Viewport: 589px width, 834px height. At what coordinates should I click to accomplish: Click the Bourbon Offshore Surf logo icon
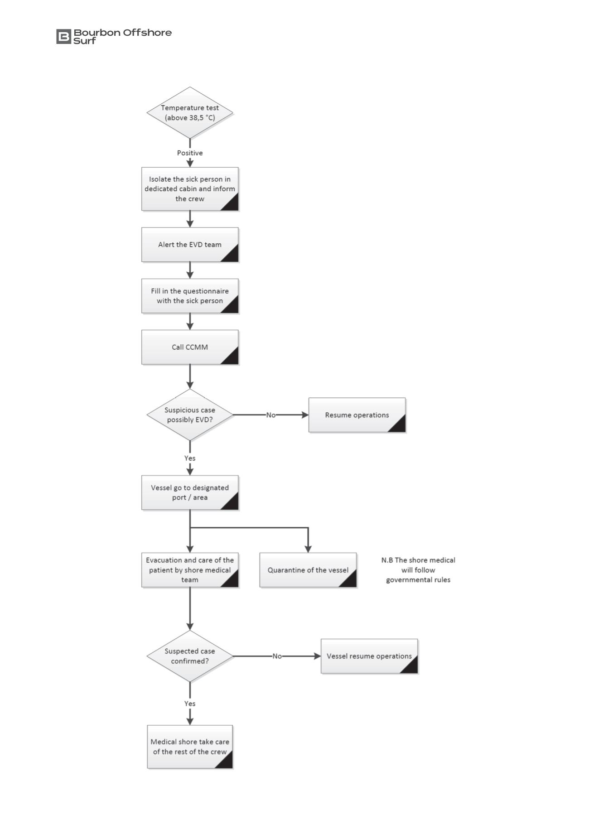[63, 36]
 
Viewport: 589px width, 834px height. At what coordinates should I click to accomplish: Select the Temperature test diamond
[190, 113]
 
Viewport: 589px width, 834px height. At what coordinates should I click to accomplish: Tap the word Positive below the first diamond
[190, 153]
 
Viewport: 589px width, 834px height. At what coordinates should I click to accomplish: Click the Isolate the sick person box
[190, 189]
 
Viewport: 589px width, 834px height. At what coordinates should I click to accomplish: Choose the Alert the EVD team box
[190, 245]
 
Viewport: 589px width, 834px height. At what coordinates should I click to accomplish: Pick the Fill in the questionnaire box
[190, 296]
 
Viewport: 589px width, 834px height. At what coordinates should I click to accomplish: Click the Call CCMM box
[190, 347]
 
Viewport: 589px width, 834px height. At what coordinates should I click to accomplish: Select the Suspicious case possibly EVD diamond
[190, 415]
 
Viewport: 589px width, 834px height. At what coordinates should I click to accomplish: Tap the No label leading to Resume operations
[271, 415]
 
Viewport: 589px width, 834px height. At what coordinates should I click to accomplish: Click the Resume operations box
[357, 415]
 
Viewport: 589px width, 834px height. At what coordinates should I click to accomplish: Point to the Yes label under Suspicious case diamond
[190, 458]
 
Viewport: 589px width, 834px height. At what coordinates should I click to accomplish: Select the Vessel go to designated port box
[190, 492]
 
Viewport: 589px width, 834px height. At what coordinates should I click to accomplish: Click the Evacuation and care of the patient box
[190, 570]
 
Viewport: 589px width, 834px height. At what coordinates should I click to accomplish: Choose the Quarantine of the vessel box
[308, 570]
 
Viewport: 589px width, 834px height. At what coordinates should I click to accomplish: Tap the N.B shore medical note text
[418, 570]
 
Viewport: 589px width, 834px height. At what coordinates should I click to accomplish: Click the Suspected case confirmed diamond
[190, 656]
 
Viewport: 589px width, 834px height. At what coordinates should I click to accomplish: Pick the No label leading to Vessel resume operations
[277, 656]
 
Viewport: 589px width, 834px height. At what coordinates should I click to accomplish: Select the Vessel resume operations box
[369, 656]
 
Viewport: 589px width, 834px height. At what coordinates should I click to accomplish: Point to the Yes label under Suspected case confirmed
[190, 704]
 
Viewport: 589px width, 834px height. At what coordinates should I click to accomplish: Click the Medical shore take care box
[190, 747]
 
